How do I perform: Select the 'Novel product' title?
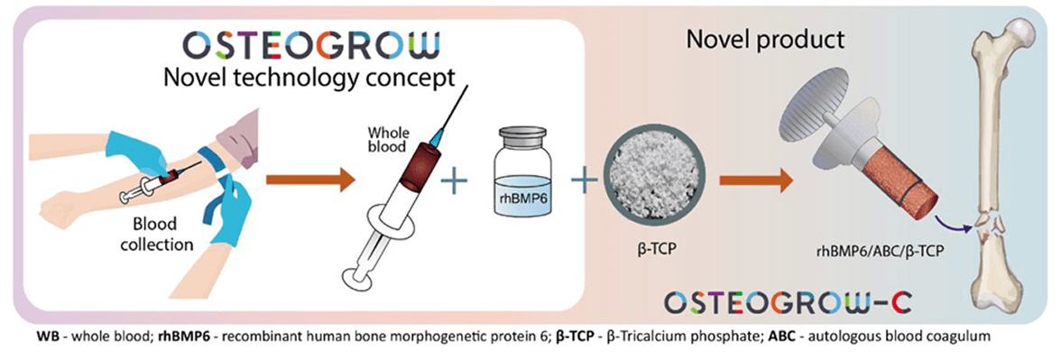(765, 39)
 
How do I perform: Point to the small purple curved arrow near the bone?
(949, 222)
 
